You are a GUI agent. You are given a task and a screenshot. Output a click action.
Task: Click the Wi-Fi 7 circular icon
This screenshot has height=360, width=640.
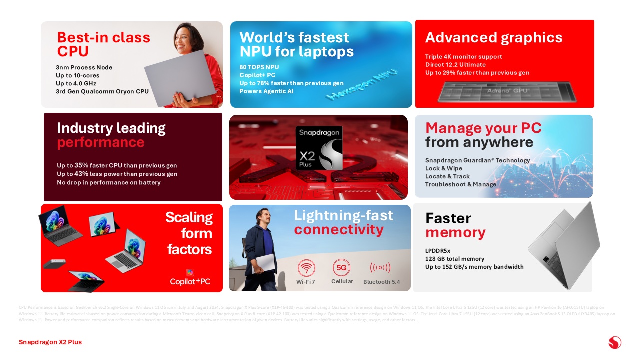click(x=306, y=268)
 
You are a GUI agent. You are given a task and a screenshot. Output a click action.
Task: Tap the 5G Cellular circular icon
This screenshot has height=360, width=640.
click(x=342, y=267)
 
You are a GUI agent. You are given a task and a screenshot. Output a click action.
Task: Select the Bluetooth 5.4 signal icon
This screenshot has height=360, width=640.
click(x=380, y=268)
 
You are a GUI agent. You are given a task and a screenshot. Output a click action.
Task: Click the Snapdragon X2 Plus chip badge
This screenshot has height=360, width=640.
click(x=319, y=148)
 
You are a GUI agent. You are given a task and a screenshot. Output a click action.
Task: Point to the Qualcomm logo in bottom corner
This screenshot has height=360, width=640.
click(x=615, y=342)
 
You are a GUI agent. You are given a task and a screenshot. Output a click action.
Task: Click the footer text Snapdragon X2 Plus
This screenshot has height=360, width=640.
click(x=50, y=342)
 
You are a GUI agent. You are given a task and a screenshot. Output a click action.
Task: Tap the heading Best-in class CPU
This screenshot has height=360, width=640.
click(x=103, y=44)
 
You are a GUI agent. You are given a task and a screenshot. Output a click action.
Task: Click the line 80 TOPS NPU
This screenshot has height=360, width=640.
click(x=259, y=67)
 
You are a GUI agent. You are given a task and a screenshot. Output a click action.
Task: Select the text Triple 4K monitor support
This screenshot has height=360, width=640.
click(x=463, y=57)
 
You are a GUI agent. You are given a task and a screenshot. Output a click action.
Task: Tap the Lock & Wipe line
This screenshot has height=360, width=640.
click(x=444, y=168)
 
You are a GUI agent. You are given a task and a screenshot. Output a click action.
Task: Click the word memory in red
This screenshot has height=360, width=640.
click(x=455, y=233)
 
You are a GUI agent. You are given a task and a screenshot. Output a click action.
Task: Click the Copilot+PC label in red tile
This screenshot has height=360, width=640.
click(x=190, y=281)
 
